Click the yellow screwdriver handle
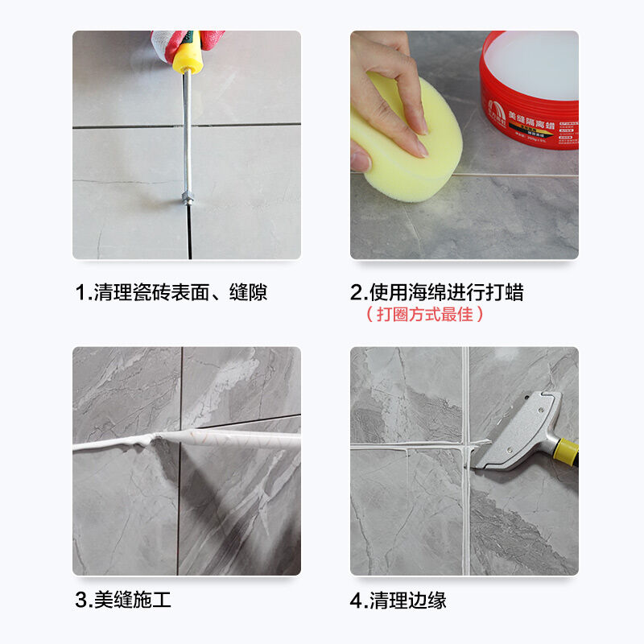(187, 55)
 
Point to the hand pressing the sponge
(394, 89)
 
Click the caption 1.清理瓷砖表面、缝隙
(171, 292)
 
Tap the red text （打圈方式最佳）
(425, 315)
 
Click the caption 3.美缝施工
(122, 600)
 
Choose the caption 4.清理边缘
(398, 600)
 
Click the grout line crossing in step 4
(464, 444)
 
